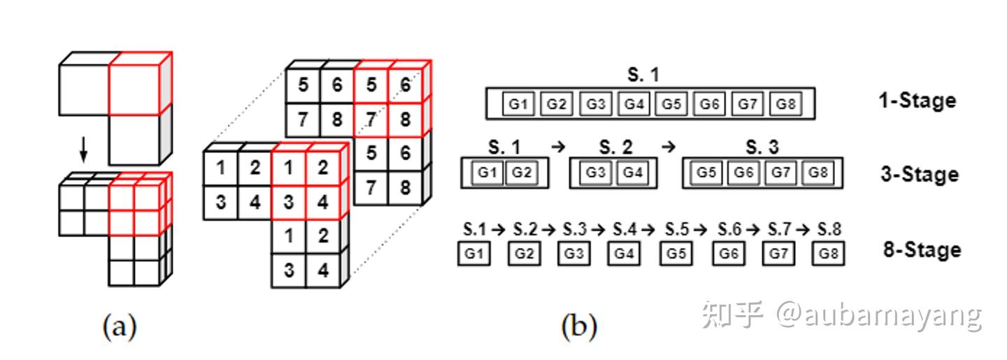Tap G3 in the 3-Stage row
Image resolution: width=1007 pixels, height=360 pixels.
click(x=595, y=173)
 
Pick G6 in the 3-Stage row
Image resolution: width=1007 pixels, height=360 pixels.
click(x=745, y=173)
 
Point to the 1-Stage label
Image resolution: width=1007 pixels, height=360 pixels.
click(x=917, y=101)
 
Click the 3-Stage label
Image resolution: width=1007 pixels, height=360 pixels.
click(x=918, y=174)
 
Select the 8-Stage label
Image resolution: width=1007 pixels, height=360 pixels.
click(x=922, y=250)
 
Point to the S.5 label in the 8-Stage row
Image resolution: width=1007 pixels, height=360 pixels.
click(x=676, y=229)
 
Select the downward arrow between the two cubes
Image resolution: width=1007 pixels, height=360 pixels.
click(x=83, y=147)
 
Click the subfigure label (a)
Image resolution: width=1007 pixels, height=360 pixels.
click(x=120, y=326)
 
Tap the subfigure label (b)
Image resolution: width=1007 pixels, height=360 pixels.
click(x=579, y=326)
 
